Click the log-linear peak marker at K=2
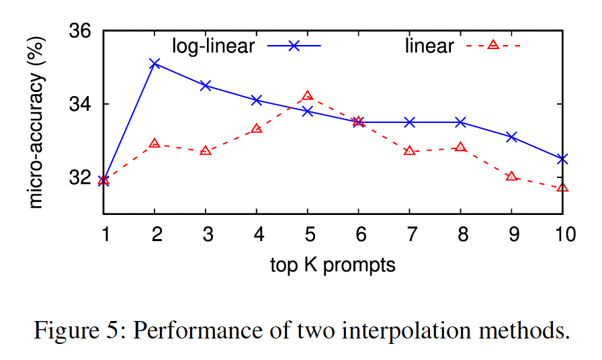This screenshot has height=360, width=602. [x=155, y=63]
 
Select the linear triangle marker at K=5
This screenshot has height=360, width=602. [x=308, y=96]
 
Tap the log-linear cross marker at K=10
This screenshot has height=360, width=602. [x=562, y=159]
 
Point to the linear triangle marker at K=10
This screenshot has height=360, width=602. [x=562, y=187]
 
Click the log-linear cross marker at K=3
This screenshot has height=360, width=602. [x=206, y=85]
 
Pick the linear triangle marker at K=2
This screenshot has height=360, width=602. [x=155, y=144]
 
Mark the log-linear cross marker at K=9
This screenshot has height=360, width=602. [x=511, y=137]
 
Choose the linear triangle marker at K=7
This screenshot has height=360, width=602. [x=409, y=150]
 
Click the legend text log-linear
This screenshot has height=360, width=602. [x=213, y=46]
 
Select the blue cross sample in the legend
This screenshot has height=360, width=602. [x=294, y=45]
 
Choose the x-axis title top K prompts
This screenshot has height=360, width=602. [x=333, y=265]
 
